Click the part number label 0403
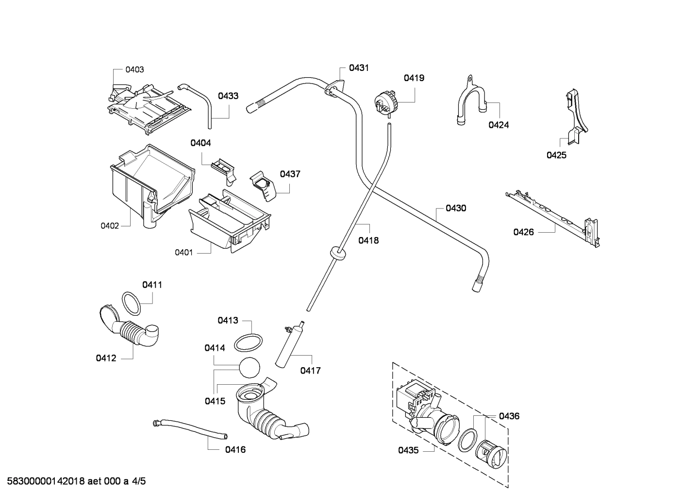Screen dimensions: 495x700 coord(134,69)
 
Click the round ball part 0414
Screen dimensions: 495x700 coord(250,367)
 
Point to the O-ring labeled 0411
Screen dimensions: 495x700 coord(131,304)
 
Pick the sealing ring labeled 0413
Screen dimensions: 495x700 coord(249,342)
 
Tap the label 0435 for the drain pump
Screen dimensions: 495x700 coord(408,450)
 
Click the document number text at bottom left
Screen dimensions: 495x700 coord(73,481)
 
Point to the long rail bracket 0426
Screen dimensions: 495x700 coord(553,216)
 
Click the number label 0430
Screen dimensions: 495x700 coord(456,208)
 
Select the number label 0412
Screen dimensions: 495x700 coord(106,358)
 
